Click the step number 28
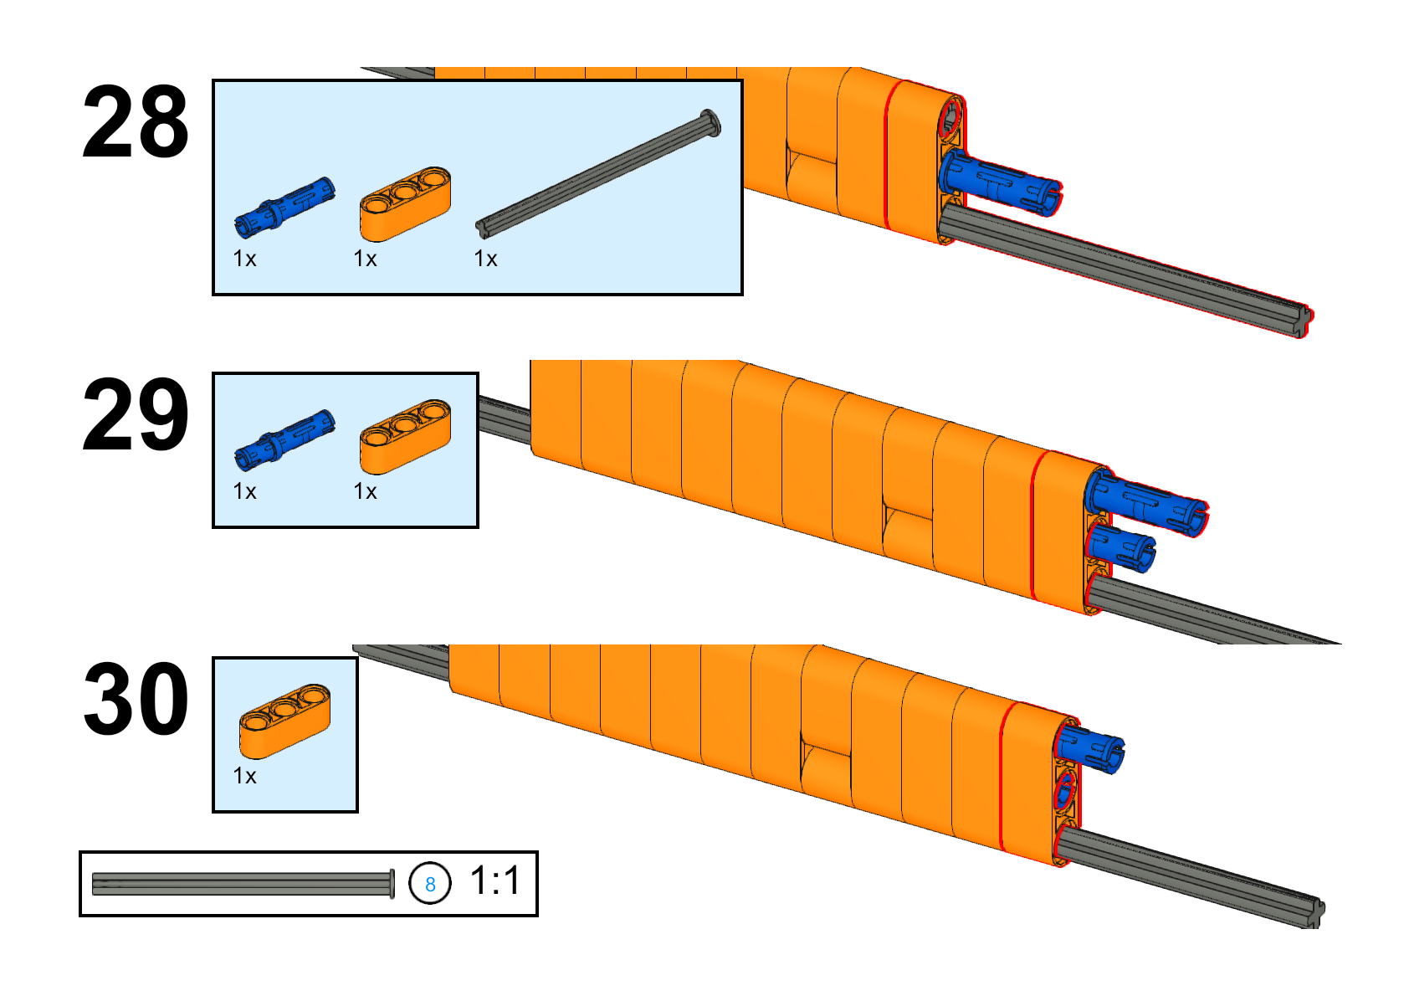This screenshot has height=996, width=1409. tap(136, 121)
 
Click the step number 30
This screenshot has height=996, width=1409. tap(136, 698)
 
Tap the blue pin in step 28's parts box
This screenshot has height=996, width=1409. tap(284, 208)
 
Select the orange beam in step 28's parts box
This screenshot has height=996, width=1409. tap(405, 204)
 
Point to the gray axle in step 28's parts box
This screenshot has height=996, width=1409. tap(598, 174)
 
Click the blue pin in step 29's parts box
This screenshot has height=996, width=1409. tap(284, 439)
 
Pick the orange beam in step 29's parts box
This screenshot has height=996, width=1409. tap(405, 436)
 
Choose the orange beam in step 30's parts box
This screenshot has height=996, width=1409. tap(285, 721)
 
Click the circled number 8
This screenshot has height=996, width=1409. tap(430, 883)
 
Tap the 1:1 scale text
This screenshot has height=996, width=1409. tap(495, 880)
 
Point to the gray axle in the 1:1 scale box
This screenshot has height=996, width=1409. tap(243, 884)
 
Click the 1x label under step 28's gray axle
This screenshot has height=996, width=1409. tap(485, 259)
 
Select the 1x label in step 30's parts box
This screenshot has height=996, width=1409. tap(244, 776)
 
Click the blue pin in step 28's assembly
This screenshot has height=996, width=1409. tap(1000, 182)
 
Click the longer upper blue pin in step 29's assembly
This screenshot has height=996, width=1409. tap(1149, 502)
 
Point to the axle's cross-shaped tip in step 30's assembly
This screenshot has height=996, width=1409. tap(1314, 912)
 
